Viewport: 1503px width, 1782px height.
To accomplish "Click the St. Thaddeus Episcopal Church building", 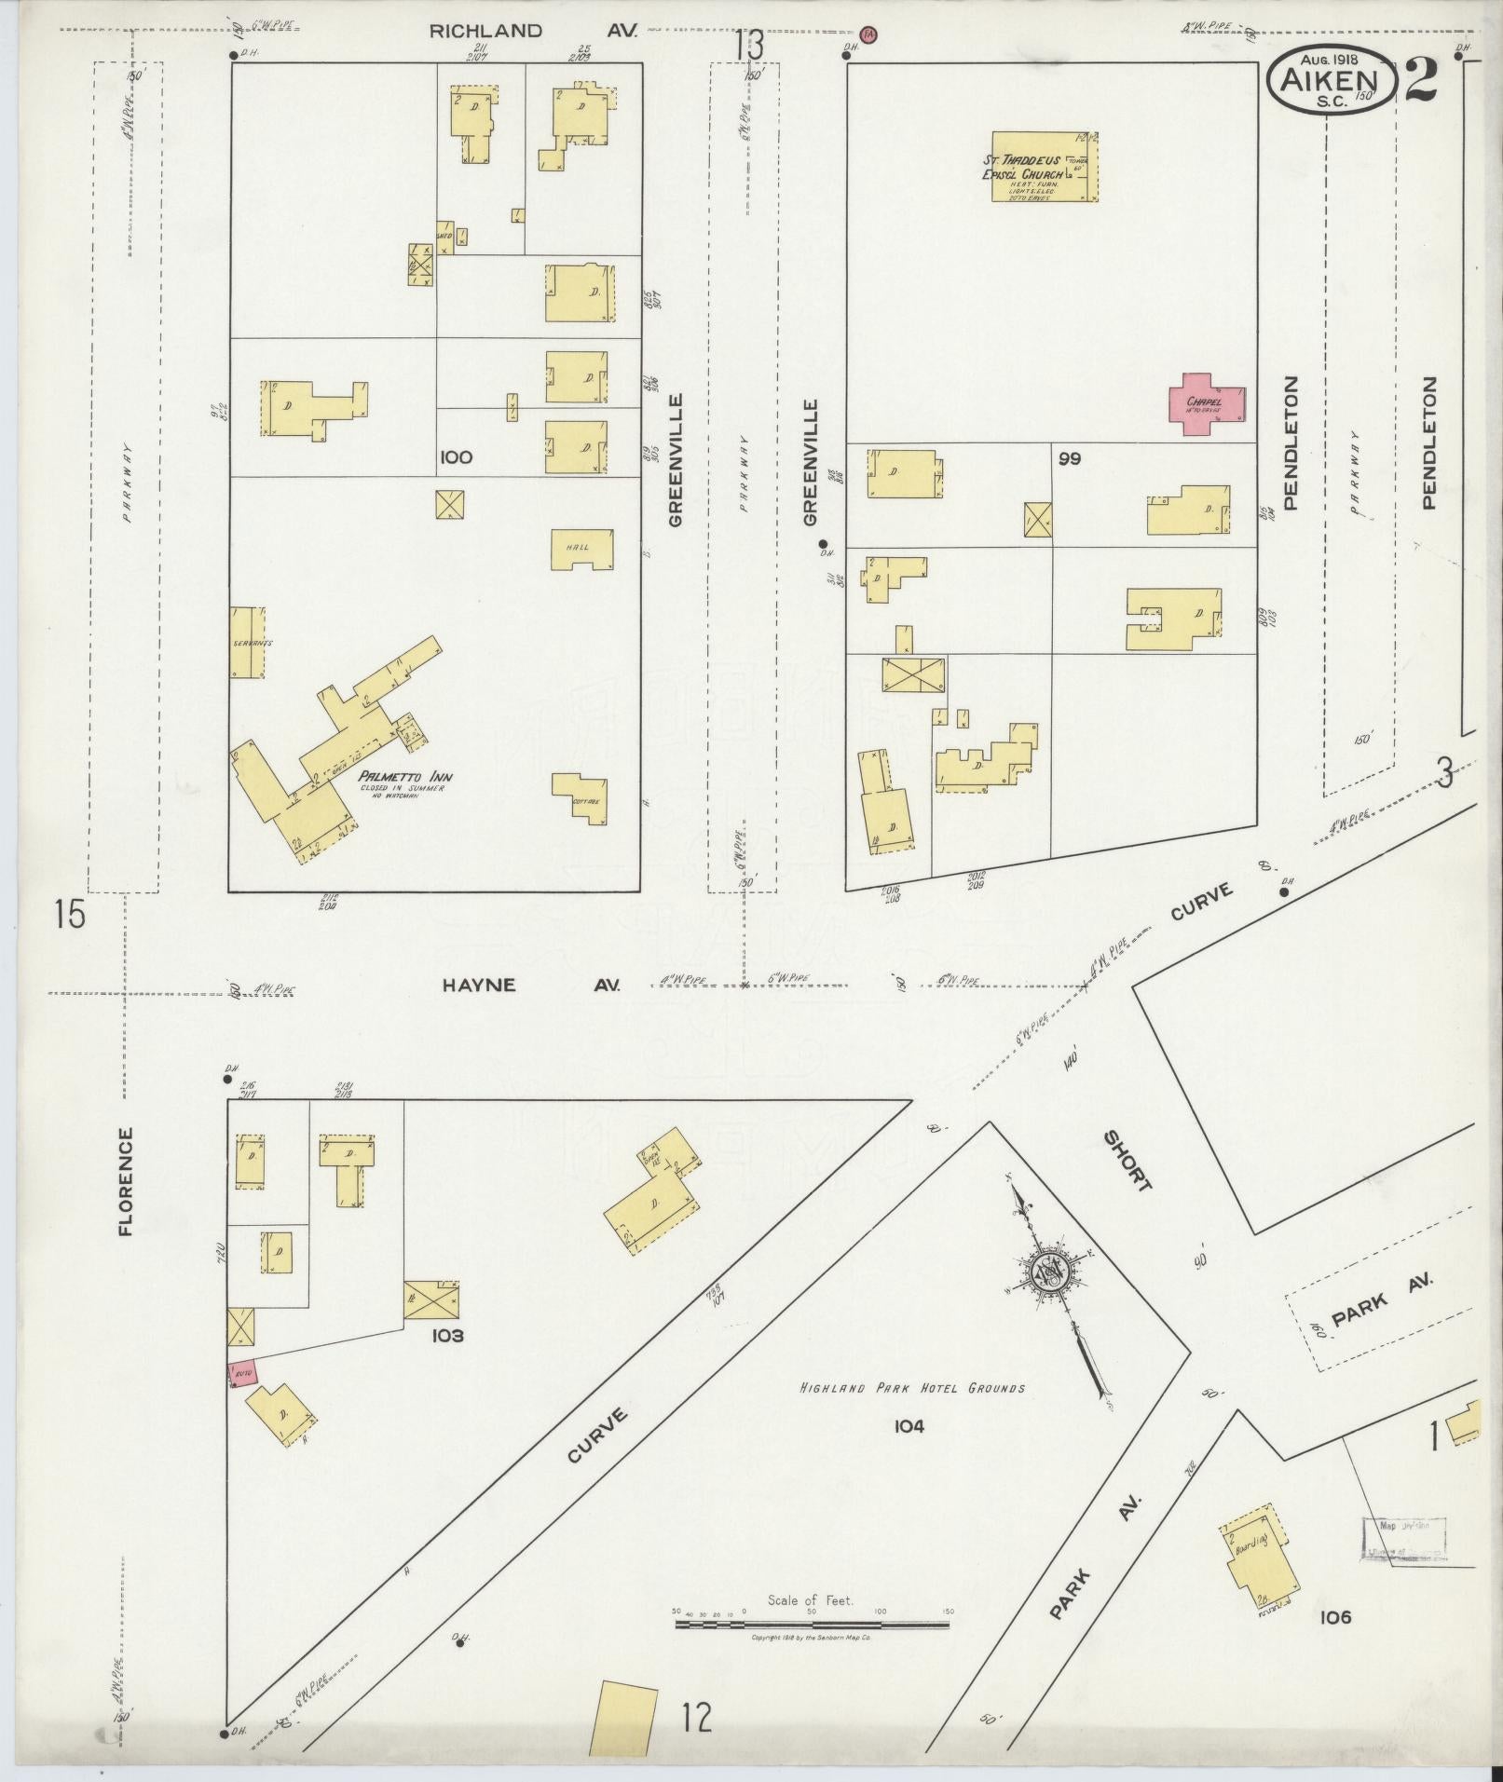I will [1044, 167].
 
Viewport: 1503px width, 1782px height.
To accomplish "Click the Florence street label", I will [126, 1181].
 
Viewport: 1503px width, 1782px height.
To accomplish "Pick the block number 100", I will [457, 457].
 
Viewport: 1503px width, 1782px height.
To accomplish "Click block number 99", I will [1069, 458].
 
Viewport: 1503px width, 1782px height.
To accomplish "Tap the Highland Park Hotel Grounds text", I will [912, 1414].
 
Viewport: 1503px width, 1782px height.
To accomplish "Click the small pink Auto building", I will [242, 1372].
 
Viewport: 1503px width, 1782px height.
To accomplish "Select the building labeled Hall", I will [582, 550].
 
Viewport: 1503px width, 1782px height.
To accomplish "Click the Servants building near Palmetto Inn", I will [247, 643].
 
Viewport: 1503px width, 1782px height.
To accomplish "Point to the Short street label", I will [1128, 1161].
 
